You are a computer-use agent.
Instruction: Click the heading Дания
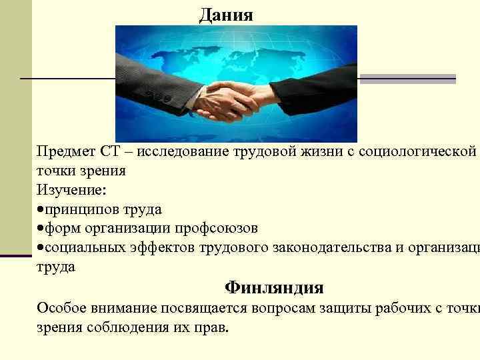226,15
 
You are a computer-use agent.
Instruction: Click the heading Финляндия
274,287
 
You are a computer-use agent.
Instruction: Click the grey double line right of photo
407,79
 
